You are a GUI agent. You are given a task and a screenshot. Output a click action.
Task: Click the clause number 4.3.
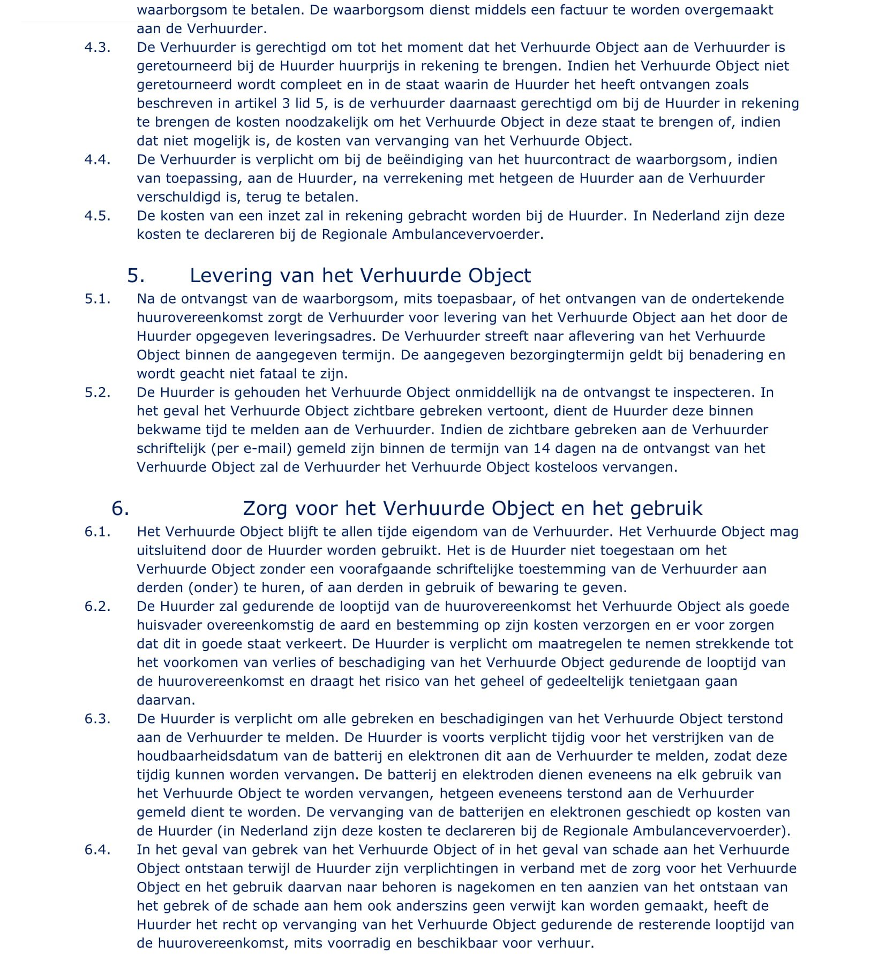pos(97,48)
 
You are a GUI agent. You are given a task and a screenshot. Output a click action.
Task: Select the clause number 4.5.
pos(97,216)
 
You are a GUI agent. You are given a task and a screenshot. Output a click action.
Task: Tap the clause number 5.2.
pos(97,392)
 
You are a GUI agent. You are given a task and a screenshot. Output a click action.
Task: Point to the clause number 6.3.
pos(97,719)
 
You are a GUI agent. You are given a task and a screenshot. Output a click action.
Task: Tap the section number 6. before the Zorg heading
pos(121,508)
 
